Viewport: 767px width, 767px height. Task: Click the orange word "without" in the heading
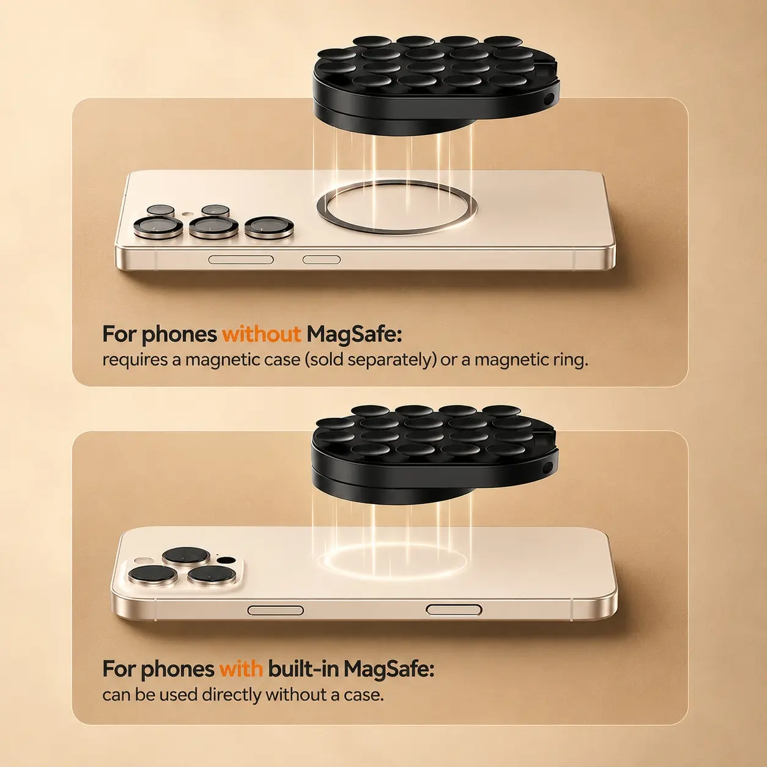pos(261,334)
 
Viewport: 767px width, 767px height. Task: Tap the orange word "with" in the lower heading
pos(241,669)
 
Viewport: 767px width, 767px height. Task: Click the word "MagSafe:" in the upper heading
pos(354,335)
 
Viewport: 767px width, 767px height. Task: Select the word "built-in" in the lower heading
pos(303,669)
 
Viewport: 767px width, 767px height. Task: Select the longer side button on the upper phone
pos(241,260)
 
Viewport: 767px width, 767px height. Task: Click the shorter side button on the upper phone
pos(322,260)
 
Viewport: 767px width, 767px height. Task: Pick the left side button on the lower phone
pos(275,610)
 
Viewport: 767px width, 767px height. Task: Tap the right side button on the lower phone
pos(454,610)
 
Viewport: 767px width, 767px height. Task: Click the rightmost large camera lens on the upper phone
pos(269,228)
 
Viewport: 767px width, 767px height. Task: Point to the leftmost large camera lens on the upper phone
pos(158,228)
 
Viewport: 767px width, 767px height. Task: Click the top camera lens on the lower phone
pos(186,555)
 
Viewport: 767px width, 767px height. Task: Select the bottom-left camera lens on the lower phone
pos(153,575)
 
